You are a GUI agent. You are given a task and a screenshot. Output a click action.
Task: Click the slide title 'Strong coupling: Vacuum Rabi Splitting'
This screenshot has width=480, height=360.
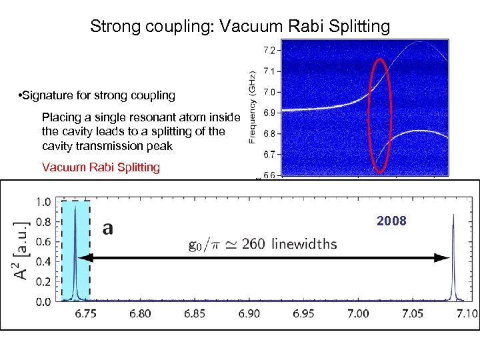[x=240, y=27]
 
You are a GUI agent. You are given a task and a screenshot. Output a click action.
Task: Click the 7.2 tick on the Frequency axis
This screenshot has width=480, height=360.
[x=268, y=50]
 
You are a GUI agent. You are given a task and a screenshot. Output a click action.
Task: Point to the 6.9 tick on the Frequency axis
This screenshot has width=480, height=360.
[x=268, y=113]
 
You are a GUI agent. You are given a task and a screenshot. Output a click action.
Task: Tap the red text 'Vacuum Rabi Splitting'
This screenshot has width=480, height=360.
[x=101, y=167]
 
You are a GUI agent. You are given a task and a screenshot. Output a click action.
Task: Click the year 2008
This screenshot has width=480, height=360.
[x=391, y=221]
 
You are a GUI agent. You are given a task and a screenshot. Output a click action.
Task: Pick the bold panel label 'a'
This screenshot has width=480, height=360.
[x=107, y=229]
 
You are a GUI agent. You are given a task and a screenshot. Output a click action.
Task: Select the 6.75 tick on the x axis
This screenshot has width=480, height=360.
[x=85, y=313]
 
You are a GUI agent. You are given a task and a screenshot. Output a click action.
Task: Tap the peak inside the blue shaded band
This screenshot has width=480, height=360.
[x=75, y=253]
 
